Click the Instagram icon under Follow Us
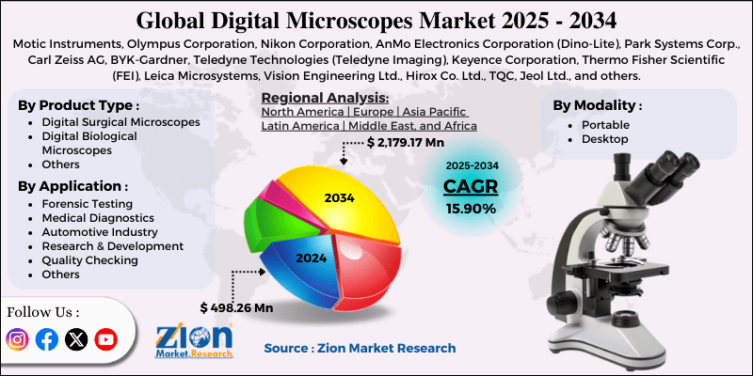pos(17,339)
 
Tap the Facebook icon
pos(46,339)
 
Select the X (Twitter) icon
pos(75,339)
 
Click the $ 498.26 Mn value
pos(236,306)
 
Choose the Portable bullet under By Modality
pos(601,124)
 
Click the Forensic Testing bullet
pos(88,203)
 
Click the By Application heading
pos(73,185)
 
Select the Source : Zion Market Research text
pos(360,348)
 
